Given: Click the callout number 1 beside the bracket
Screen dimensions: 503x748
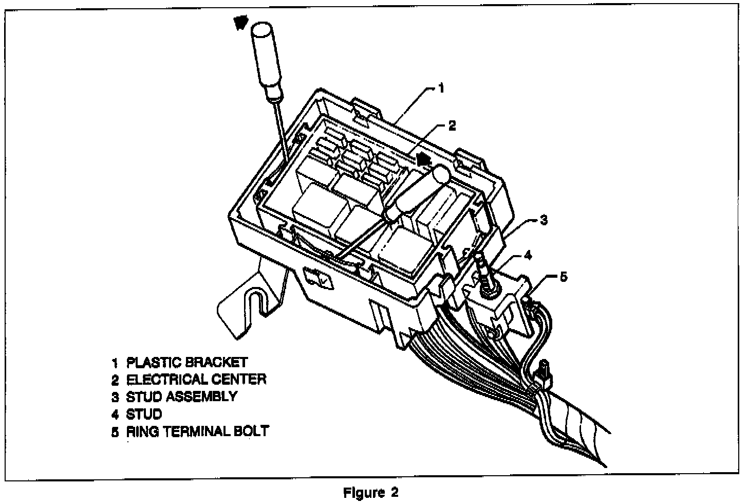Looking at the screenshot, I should click(440, 88).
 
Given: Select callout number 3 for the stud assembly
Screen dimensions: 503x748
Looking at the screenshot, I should click(544, 220).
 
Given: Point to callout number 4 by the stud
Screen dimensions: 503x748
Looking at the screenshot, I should click(527, 255).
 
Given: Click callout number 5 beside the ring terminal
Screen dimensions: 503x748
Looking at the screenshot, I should click(564, 277).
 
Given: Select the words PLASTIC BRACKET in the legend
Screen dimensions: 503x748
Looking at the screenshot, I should click(187, 363).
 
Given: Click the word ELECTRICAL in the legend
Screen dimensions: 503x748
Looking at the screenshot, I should click(159, 380).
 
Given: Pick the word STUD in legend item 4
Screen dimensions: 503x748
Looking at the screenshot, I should click(144, 414).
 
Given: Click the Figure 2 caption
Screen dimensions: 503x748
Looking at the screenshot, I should click(370, 492).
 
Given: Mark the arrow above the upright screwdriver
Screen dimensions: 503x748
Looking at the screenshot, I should click(240, 22).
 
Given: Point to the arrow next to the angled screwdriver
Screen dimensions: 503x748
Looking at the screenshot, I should click(423, 158).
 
